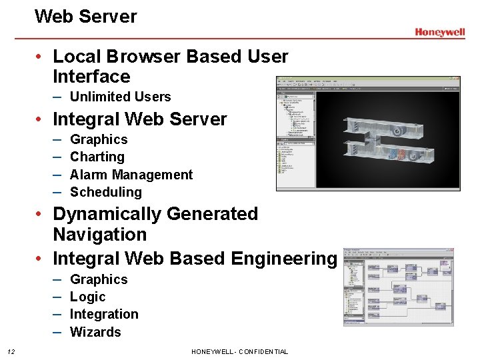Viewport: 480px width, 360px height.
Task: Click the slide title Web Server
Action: click(x=85, y=16)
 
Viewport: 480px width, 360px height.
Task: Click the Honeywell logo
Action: click(x=439, y=32)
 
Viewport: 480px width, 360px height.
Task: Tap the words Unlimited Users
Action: click(x=120, y=97)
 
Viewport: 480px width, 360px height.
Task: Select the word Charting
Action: click(x=97, y=157)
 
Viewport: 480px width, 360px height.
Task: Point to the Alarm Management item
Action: click(x=131, y=175)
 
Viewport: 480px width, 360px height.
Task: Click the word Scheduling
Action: click(x=105, y=192)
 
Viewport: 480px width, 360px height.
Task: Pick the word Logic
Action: click(x=87, y=297)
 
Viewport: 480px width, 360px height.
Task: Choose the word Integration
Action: click(x=104, y=314)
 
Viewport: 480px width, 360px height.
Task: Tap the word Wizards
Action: click(x=95, y=332)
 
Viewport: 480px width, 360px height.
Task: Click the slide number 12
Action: click(x=11, y=351)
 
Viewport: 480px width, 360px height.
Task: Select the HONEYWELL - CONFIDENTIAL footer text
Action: click(x=239, y=351)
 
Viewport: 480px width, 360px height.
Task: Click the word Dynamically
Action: click(x=107, y=214)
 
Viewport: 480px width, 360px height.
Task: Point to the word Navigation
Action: click(x=99, y=235)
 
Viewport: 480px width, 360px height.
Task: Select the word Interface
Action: click(x=91, y=77)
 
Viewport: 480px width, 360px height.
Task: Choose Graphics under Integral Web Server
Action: click(x=98, y=139)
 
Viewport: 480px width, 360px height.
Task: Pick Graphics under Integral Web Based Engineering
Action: click(x=98, y=279)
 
